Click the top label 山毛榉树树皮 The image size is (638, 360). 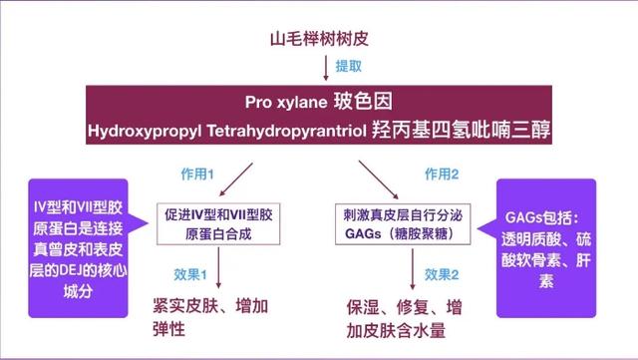click(x=320, y=40)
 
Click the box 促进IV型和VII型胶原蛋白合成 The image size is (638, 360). click(x=226, y=222)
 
